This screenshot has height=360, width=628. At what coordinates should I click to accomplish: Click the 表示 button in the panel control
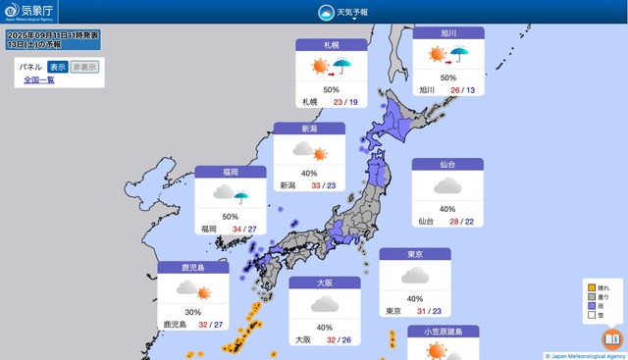[x=59, y=67]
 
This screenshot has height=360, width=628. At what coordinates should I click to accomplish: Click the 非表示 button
[x=86, y=67]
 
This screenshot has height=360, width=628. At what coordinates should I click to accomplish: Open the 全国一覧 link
[x=39, y=80]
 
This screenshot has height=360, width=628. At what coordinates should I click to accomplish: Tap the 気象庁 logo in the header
[x=29, y=12]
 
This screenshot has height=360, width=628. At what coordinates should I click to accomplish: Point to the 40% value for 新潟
[x=309, y=172]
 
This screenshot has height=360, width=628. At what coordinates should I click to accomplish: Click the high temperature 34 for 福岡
[x=236, y=229]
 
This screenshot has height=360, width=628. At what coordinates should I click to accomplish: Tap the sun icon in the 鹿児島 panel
[x=204, y=290]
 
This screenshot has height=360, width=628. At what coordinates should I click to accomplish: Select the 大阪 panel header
[x=325, y=283]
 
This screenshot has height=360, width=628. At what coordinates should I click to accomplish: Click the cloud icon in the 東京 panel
[x=415, y=277]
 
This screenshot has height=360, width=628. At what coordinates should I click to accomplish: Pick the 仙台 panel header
[x=447, y=165]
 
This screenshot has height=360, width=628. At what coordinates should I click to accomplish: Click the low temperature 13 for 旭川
[x=471, y=89]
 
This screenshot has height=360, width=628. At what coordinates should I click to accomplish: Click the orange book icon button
[x=612, y=339]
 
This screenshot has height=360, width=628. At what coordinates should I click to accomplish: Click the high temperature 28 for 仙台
[x=453, y=222]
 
